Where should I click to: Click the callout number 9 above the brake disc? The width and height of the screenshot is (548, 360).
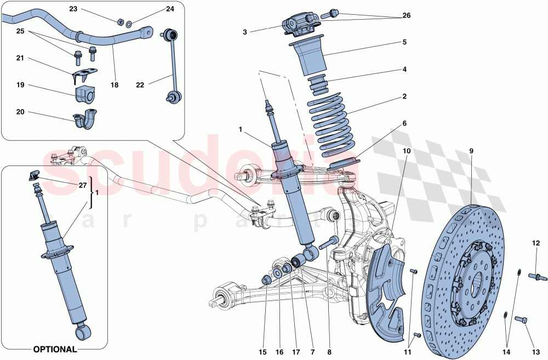(x=471, y=151)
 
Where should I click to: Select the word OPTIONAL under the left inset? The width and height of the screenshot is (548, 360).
(x=54, y=349)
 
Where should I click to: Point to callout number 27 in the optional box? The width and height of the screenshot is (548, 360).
(x=83, y=186)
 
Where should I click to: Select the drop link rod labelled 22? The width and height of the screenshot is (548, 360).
(x=172, y=66)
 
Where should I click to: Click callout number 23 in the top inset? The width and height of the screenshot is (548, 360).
(x=73, y=9)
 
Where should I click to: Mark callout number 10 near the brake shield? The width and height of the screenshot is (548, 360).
(x=407, y=151)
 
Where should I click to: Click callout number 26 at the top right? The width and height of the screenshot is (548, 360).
(x=406, y=15)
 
